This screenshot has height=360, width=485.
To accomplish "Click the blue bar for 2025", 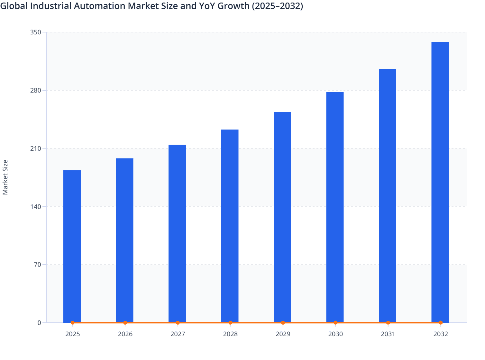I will coord(72,246).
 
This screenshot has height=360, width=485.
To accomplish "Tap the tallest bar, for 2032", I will coord(440,182).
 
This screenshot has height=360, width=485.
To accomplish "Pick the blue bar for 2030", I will coord(335,207).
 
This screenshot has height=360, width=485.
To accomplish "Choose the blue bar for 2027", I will coord(177,233).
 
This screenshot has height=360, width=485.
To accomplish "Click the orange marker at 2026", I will coord(125,322).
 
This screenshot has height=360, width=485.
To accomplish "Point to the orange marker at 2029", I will coord(283,322).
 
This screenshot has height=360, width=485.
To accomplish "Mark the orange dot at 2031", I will coord(388,322).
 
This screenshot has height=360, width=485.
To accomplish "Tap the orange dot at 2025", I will coord(72,322).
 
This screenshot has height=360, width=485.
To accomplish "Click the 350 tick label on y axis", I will coord(35,32).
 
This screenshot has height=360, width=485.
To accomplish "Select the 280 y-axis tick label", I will coord(35,90).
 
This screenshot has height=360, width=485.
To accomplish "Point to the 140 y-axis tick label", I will coord(35,206).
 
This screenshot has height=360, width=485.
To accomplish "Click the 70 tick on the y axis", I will coord(37,265).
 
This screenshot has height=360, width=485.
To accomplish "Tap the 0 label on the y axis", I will coord(39,323).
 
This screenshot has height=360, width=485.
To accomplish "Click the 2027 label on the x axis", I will coord(178,334).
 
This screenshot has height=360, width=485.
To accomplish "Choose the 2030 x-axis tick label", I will coord(335,334).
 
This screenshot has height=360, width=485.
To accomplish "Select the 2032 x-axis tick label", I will coord(441,334).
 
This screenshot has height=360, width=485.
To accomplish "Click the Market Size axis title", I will coord(5,177).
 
